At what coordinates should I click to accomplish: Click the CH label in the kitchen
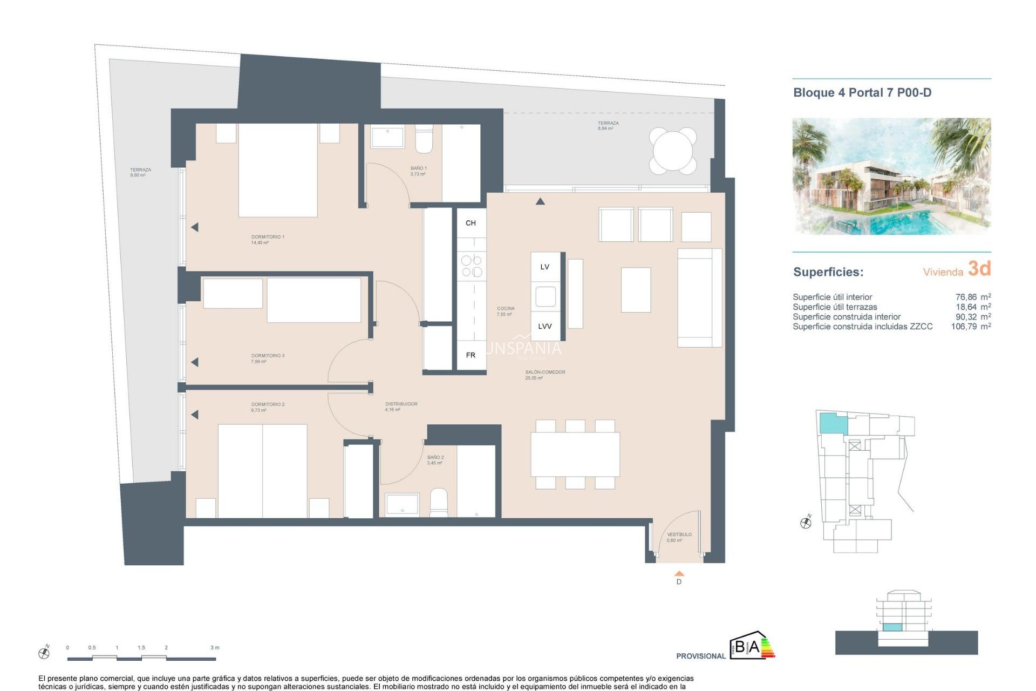[471, 223]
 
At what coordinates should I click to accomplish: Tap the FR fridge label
[471, 355]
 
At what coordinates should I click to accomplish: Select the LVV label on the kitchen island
[545, 326]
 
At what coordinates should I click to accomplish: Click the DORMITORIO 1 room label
[267, 237]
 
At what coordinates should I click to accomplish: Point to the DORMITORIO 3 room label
[268, 356]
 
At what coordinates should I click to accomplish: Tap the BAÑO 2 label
[435, 457]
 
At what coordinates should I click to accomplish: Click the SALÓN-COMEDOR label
[545, 372]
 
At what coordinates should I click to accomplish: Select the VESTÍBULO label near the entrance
[679, 534]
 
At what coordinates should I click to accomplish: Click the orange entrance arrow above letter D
[679, 574]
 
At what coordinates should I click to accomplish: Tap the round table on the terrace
[673, 151]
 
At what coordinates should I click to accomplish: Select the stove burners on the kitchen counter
[471, 266]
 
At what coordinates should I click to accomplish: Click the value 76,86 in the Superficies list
[966, 297]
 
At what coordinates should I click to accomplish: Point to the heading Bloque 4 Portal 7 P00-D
[862, 93]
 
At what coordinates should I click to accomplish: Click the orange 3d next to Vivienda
[979, 269]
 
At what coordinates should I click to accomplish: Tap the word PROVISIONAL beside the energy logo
[700, 656]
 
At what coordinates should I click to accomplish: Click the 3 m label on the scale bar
[215, 647]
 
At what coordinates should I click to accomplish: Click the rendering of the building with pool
[891, 177]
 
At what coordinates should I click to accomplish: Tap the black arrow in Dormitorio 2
[195, 415]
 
